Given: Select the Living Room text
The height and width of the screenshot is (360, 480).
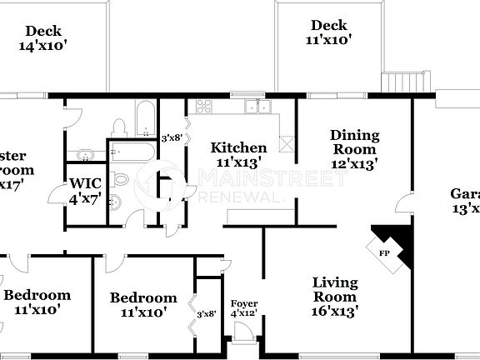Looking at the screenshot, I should click(x=335, y=297).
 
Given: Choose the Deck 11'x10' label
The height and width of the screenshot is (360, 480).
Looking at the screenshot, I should click(x=327, y=32).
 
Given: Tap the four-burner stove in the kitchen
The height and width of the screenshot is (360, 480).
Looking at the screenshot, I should click(x=202, y=106).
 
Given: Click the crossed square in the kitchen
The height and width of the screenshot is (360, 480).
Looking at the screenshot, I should click(x=287, y=142).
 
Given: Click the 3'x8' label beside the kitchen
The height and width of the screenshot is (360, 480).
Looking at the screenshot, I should click(x=172, y=137).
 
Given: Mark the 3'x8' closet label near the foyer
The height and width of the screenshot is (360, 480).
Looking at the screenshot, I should click(x=206, y=313).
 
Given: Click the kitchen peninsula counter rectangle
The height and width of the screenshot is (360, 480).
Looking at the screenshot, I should click(x=258, y=217).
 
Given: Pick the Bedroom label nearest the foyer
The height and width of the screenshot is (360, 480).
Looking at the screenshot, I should click(x=143, y=304).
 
